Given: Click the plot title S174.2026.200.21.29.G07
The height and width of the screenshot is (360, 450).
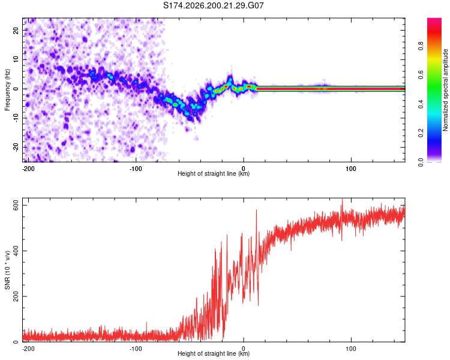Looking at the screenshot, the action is click(213, 5).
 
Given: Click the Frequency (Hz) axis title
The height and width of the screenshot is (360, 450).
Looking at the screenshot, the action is click(7, 90).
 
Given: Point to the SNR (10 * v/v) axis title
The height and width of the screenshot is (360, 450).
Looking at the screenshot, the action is click(7, 270).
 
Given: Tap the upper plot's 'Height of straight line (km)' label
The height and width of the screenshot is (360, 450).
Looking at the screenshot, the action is click(214, 173).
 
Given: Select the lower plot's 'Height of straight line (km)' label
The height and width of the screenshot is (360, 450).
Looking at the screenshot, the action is click(214, 353).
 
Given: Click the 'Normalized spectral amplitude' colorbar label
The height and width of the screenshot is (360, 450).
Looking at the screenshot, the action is click(445, 90).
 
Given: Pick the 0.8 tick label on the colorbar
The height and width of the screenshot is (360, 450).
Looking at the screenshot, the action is click(421, 46).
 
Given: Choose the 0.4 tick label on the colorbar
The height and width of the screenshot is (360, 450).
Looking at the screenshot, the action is click(421, 104).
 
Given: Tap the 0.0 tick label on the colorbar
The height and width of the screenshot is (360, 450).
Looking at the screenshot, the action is click(421, 163).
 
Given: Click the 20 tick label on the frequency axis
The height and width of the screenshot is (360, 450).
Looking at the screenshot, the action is click(16, 31).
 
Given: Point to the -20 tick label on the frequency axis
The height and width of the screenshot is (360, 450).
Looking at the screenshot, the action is click(16, 148).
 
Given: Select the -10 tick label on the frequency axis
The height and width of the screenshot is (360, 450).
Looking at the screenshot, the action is click(16, 118).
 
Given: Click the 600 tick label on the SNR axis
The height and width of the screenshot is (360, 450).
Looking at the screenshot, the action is click(16, 206).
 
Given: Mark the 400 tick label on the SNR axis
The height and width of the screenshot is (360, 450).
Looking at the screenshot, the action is click(16, 251).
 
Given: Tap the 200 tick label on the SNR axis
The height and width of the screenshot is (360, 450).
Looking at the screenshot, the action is click(16, 296).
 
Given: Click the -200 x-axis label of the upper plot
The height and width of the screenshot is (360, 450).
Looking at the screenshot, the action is click(28, 169).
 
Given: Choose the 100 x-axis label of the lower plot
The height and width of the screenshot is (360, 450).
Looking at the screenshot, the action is click(351, 349).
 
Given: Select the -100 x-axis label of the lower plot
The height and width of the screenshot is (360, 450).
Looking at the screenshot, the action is click(136, 349).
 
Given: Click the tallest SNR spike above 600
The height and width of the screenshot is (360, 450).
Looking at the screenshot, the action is click(342, 199).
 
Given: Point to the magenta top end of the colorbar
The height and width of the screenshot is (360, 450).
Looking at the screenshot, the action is click(434, 19).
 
